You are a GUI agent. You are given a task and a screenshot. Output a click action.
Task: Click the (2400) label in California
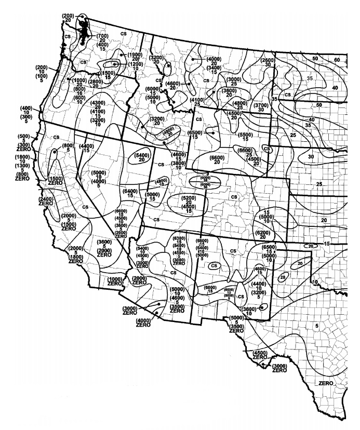46,199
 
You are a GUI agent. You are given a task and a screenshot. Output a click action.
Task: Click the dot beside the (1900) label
121,55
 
